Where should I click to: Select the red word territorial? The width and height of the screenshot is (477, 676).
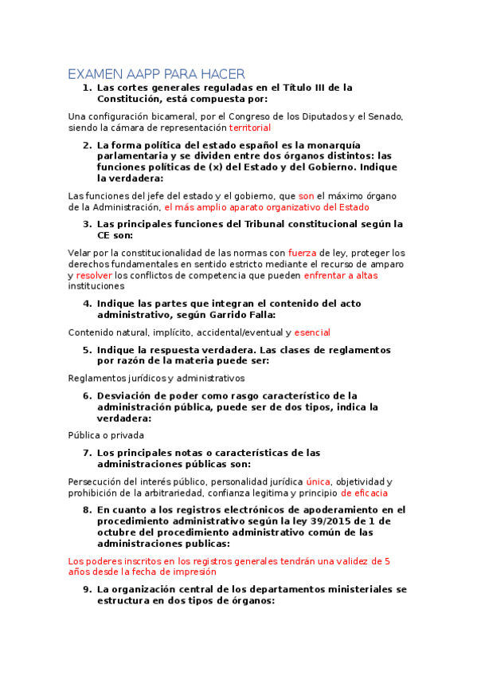tap(250, 128)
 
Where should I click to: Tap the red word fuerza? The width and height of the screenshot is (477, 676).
tap(302, 252)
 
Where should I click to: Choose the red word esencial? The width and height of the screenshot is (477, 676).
tap(312, 332)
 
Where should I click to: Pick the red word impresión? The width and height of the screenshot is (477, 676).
tap(191, 572)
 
